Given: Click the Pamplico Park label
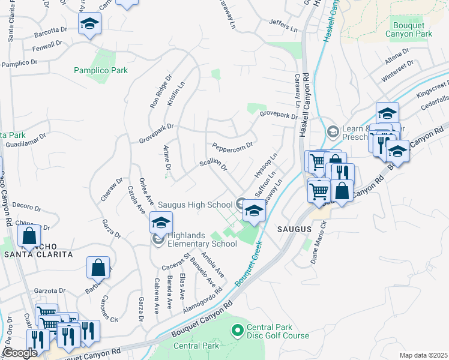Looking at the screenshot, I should click(x=101, y=71).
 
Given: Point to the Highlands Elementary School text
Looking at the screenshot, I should click(x=202, y=239).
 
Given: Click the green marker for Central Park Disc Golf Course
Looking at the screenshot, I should click(x=237, y=329).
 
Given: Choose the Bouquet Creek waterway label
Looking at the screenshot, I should click(x=250, y=262).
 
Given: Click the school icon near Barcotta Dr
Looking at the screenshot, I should click(x=89, y=24).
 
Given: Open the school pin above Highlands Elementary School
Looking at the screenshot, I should click(x=160, y=223).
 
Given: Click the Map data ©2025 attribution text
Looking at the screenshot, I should click(x=423, y=355).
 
